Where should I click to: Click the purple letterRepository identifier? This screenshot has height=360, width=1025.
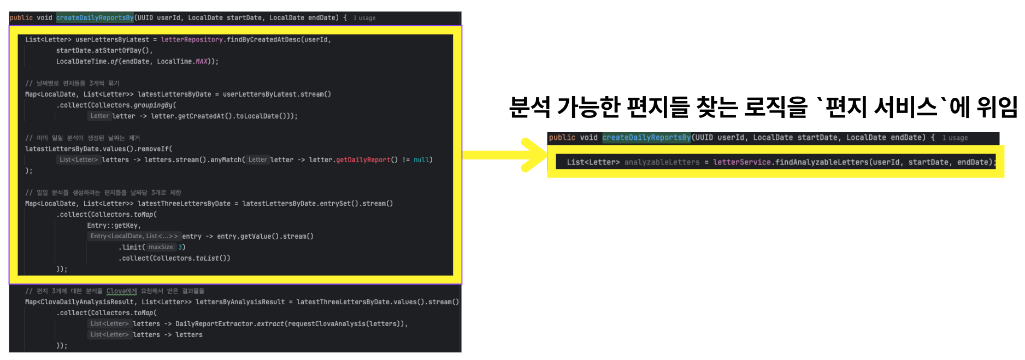[192, 40]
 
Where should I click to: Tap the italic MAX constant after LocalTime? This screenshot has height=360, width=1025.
[202, 62]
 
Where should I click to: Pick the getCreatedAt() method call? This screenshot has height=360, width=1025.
[205, 116]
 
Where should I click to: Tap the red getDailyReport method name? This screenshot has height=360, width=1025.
[363, 160]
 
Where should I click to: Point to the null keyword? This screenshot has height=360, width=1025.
[421, 160]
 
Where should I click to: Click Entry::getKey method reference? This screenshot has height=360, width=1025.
[114, 226]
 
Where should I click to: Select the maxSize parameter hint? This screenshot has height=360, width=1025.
[162, 247]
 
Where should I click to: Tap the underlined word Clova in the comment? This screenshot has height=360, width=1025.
[121, 291]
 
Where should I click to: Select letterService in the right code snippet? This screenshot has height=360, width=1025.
[741, 162]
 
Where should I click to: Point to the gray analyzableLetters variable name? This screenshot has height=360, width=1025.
[662, 162]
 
